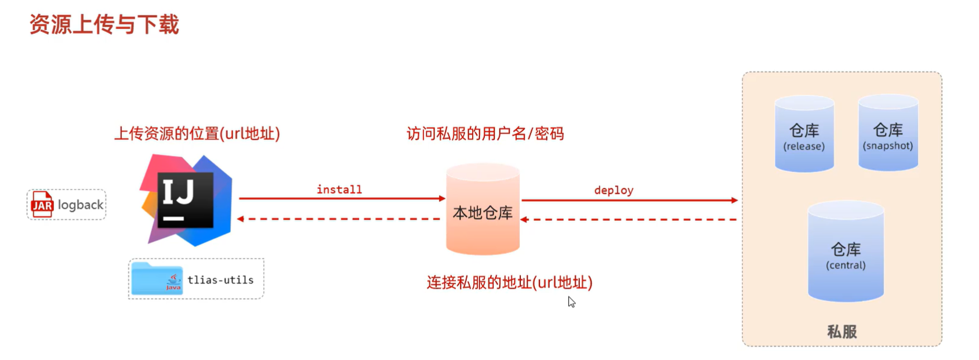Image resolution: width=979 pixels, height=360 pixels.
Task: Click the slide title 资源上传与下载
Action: tap(104, 25)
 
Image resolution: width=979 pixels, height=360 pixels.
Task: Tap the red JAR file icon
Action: tap(42, 205)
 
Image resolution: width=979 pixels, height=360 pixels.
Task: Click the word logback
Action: tap(81, 205)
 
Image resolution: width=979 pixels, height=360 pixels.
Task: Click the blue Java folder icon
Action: tap(157, 279)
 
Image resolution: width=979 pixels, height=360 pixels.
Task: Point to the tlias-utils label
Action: tap(220, 280)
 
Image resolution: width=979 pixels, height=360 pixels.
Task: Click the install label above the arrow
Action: tap(339, 190)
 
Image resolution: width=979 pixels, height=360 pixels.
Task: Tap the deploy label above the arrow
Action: tap(614, 190)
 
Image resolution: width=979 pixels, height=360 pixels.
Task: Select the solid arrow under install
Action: tap(342, 199)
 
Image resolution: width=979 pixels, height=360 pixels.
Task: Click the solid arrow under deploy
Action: tap(629, 201)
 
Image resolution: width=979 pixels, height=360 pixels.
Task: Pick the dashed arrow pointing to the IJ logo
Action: tap(339, 219)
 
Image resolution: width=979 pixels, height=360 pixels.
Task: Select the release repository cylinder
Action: tap(804, 134)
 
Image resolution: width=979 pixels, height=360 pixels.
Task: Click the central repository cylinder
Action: tap(846, 252)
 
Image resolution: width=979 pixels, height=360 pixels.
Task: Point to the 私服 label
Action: tap(842, 332)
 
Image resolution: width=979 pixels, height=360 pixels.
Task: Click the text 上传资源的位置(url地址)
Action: tap(197, 134)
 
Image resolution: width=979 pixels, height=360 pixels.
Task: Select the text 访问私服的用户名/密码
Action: tap(485, 134)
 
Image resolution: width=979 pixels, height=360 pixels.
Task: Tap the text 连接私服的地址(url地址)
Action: tap(509, 282)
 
